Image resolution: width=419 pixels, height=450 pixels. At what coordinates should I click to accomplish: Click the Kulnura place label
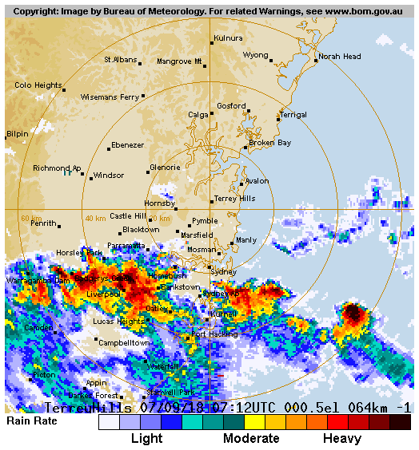(228, 37)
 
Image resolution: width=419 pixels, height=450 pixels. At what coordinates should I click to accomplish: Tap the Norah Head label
(340, 57)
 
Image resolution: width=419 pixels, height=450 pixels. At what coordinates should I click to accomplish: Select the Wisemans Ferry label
(110, 97)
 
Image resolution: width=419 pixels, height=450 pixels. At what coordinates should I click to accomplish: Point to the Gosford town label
(231, 106)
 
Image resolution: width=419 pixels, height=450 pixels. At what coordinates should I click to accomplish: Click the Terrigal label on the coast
(293, 115)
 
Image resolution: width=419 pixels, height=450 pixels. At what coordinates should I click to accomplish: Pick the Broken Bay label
(269, 143)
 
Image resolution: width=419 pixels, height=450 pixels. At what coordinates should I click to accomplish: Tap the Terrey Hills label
(235, 199)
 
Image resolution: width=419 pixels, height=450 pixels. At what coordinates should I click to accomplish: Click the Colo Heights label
(38, 85)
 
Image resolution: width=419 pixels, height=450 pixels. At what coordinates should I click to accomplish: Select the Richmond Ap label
(56, 168)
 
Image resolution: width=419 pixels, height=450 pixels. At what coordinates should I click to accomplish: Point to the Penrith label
(43, 223)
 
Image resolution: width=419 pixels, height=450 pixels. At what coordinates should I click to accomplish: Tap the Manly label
(246, 240)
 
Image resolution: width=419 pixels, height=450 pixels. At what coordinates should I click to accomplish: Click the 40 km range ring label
(94, 218)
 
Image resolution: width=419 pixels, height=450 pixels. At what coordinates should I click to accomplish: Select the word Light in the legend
(146, 439)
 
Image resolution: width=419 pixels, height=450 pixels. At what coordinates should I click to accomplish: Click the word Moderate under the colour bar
(251, 439)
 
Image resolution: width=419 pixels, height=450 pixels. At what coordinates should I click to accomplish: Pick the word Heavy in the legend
(342, 439)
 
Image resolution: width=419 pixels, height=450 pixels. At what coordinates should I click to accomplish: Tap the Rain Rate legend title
(32, 420)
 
